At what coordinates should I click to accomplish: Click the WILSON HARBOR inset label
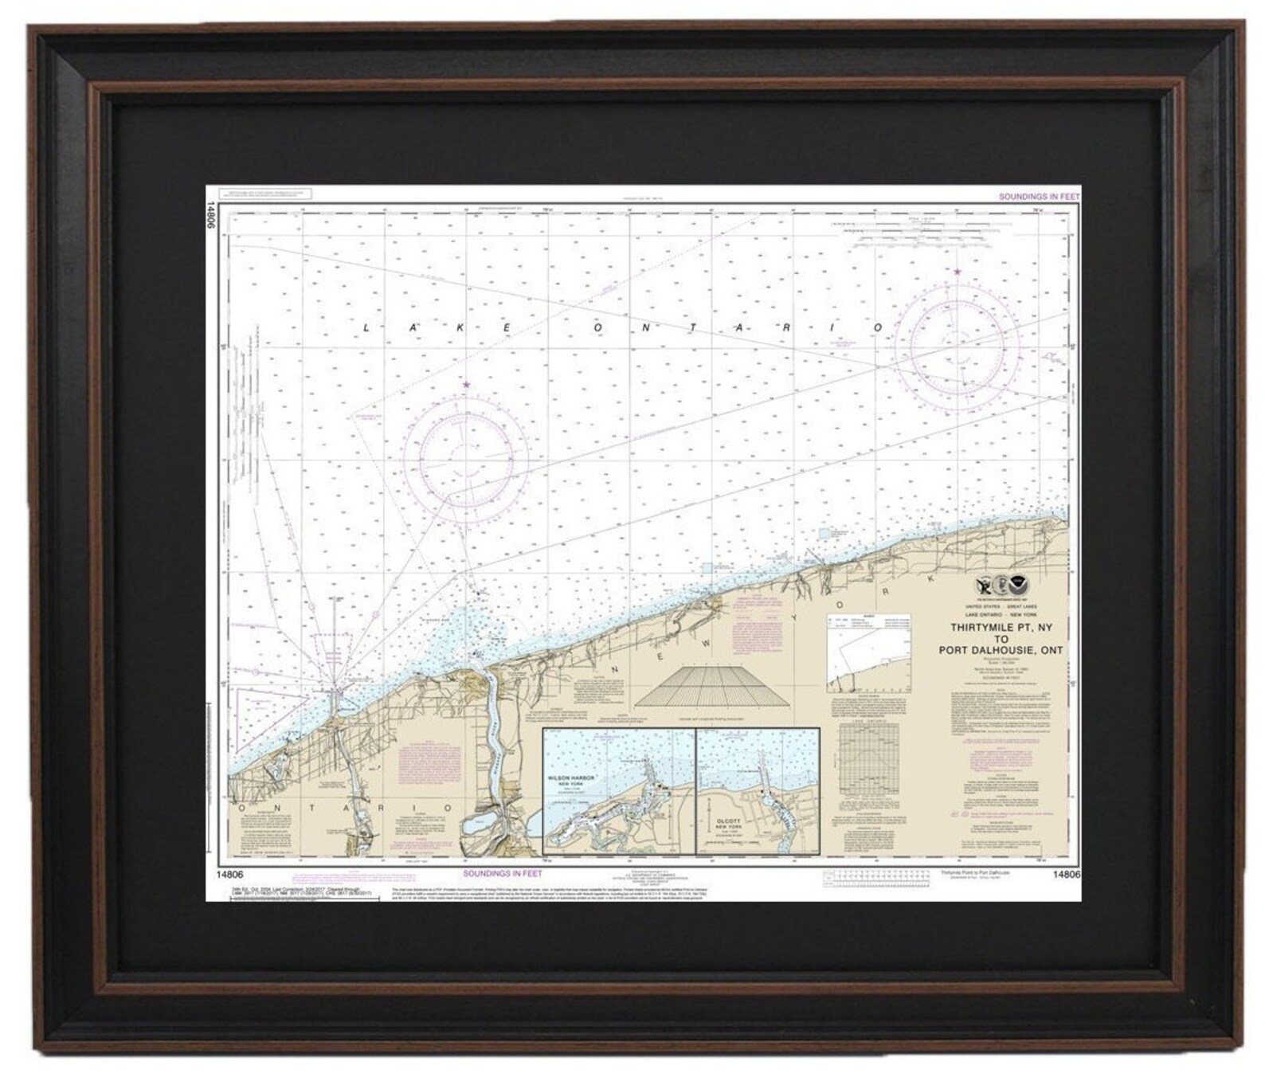pos(572,778)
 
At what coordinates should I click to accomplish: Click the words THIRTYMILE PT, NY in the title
pos(1001,628)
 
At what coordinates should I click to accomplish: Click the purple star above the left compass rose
pos(466,386)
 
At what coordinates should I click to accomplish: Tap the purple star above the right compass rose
pos(957,272)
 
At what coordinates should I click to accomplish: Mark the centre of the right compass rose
pos(957,344)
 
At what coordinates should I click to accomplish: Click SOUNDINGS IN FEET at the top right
pos(1039,196)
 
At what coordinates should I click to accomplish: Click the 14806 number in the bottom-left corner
pos(229,875)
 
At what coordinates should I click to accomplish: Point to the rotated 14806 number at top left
pos(212,215)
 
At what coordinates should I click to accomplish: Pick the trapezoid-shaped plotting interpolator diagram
pos(712,686)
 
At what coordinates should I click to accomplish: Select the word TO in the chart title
pos(1001,639)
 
